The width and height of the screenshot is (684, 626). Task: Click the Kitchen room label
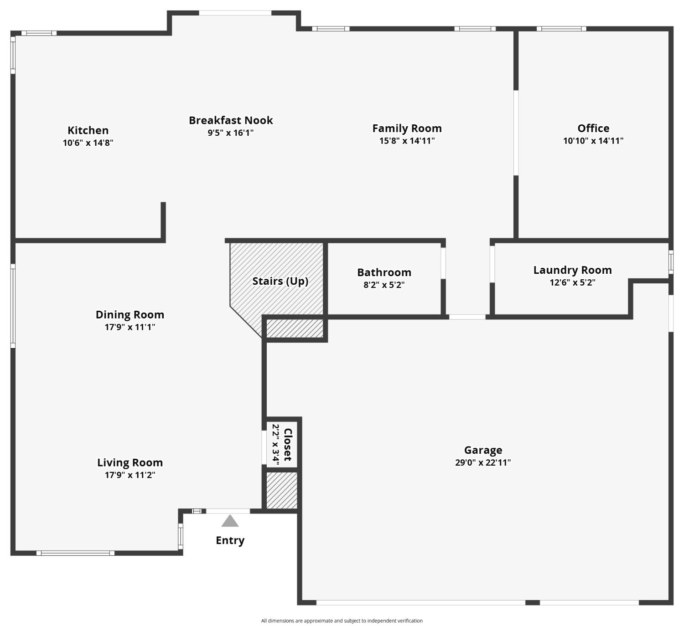pyautogui.click(x=88, y=131)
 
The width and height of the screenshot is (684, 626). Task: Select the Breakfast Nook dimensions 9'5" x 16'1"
pyautogui.click(x=231, y=133)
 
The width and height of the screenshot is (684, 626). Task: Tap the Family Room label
pyautogui.click(x=407, y=128)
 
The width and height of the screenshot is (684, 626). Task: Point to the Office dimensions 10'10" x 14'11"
pyautogui.click(x=593, y=141)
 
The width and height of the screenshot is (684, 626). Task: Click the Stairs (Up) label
pyautogui.click(x=280, y=281)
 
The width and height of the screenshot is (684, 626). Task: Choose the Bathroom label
pyautogui.click(x=384, y=272)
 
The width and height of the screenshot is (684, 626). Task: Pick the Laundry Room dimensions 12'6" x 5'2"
pyautogui.click(x=572, y=282)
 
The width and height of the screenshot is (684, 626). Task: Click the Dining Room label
pyautogui.click(x=130, y=315)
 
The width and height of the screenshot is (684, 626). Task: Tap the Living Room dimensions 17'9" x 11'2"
pyautogui.click(x=130, y=475)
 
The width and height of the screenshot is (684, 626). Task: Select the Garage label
pyautogui.click(x=483, y=450)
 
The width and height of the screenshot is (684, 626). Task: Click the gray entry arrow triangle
pyautogui.click(x=230, y=521)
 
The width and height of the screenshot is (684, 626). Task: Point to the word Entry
pyautogui.click(x=230, y=540)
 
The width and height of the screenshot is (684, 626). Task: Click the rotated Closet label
pyautogui.click(x=288, y=444)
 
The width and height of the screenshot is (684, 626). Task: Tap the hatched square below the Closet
pyautogui.click(x=282, y=490)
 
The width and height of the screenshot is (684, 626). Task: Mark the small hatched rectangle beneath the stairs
pyautogui.click(x=295, y=328)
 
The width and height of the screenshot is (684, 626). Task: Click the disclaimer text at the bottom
pyautogui.click(x=342, y=621)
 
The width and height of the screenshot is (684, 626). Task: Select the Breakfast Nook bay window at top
pyautogui.click(x=235, y=13)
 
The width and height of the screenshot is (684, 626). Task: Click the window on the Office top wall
pyautogui.click(x=561, y=29)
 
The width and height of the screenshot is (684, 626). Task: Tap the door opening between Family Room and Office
pyautogui.click(x=516, y=133)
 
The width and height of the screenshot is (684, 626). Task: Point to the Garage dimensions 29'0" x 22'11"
pyautogui.click(x=483, y=463)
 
